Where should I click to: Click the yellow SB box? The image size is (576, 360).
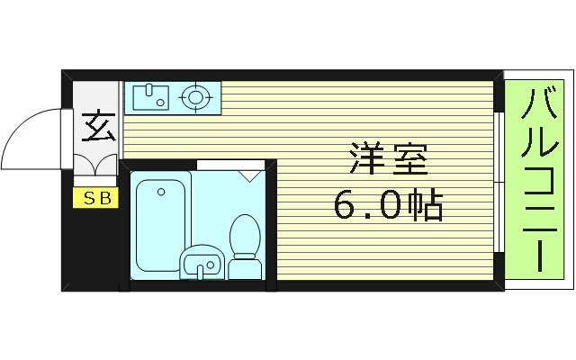click(95, 198)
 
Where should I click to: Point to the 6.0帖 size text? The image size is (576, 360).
click(388, 206)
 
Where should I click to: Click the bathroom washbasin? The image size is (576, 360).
click(202, 263)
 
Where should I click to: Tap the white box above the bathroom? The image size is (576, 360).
click(230, 165)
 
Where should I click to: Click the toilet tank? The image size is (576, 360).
click(244, 267)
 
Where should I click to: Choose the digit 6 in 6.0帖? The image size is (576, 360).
click(344, 207)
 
